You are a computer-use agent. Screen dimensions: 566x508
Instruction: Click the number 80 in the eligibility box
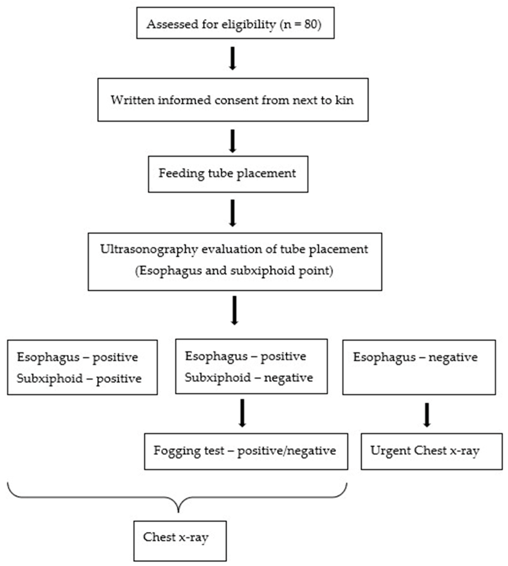click(x=311, y=24)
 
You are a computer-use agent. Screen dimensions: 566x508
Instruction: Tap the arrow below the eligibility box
click(x=232, y=58)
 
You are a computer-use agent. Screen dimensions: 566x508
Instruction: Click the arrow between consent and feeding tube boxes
click(x=232, y=141)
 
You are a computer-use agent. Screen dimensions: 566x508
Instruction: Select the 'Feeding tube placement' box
click(x=228, y=174)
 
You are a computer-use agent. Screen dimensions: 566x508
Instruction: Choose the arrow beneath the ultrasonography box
click(x=235, y=310)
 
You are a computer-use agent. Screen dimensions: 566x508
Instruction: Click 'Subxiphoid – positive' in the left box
click(x=79, y=379)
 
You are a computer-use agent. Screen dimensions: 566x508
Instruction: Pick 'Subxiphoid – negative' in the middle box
click(x=249, y=378)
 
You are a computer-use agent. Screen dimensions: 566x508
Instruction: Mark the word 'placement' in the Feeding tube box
click(x=266, y=174)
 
